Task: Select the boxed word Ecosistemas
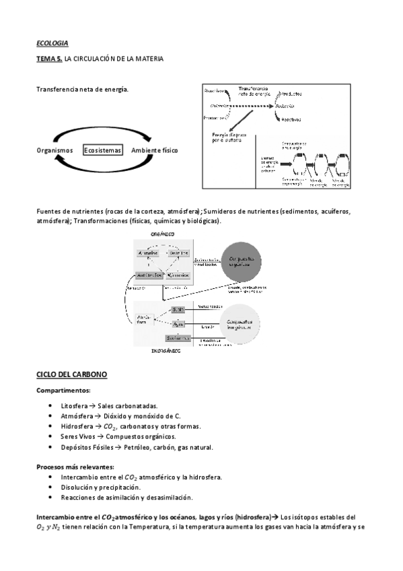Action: (103, 150)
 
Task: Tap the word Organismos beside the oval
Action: (54, 150)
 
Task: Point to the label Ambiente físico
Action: (155, 150)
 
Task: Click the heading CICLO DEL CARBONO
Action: (71, 374)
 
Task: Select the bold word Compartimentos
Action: (64, 391)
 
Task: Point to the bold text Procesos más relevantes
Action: (75, 467)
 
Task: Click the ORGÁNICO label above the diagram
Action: (162, 234)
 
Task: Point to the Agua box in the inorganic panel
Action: (178, 324)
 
